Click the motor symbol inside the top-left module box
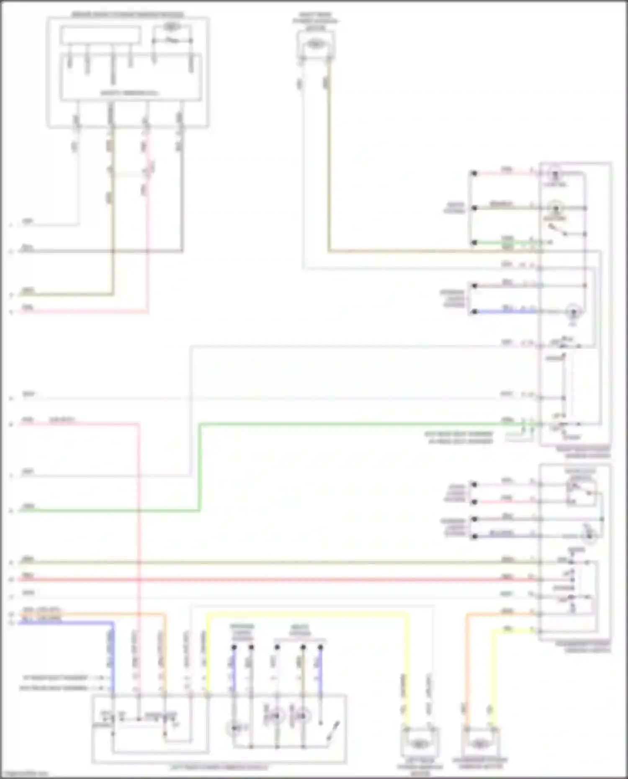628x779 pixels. click(170, 26)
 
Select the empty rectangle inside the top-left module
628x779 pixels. click(100, 35)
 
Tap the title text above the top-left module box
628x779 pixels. click(128, 15)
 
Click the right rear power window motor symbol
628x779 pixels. click(316, 43)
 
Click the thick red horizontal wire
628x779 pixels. click(276, 580)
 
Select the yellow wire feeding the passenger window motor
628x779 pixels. click(494, 670)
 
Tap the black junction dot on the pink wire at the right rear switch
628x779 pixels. click(474, 173)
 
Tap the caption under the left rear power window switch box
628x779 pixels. click(219, 767)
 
